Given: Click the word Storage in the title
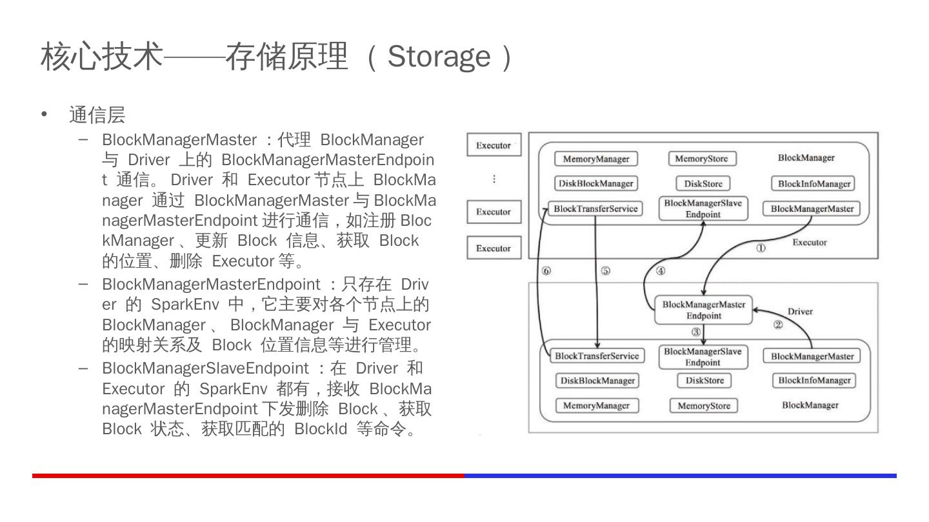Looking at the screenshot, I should tap(439, 56).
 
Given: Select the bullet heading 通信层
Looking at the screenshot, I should tap(97, 115).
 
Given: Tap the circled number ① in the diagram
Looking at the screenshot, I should tap(761, 248).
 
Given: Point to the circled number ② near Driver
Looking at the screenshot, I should tap(778, 325).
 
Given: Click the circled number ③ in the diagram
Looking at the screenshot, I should tap(695, 332).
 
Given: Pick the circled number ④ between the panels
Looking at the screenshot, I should tap(661, 271).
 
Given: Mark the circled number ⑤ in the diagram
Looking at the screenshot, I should tap(605, 271).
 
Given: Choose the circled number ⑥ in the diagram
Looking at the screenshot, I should tap(546, 271).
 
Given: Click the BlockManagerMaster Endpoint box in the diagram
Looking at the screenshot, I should tap(703, 310).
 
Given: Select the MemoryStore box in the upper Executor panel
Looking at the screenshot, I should tap(701, 159).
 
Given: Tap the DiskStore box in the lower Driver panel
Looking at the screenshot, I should tap(704, 381).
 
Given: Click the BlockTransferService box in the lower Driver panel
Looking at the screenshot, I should tap(597, 356).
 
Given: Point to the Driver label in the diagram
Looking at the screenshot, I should tap(800, 312).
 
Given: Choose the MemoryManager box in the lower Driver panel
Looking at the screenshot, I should tap(596, 406).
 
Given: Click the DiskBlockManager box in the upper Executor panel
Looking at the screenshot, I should tap(596, 184).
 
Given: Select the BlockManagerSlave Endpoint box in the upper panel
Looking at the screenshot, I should tap(703, 209).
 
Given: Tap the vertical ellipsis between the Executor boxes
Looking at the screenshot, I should tap(494, 179).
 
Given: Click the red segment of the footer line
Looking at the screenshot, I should tap(248, 476).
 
